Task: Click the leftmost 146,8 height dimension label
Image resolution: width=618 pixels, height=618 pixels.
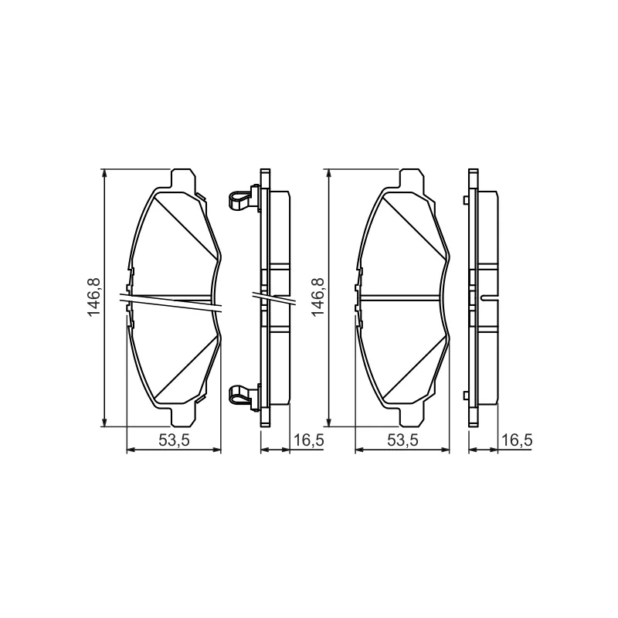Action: pos(94,297)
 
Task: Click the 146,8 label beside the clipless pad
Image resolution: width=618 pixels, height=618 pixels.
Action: pos(317,297)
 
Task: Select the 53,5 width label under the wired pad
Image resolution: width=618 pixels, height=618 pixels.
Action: pos(175,440)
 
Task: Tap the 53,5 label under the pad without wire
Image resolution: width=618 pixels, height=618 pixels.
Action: pos(402,440)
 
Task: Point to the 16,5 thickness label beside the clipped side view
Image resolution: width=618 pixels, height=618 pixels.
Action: pos(309,440)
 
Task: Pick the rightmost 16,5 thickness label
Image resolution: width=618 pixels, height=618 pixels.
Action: pos(517,440)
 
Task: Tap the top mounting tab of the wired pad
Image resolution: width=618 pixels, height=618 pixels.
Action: pos(182,178)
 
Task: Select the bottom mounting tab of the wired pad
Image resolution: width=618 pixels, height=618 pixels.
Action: pos(183,416)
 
